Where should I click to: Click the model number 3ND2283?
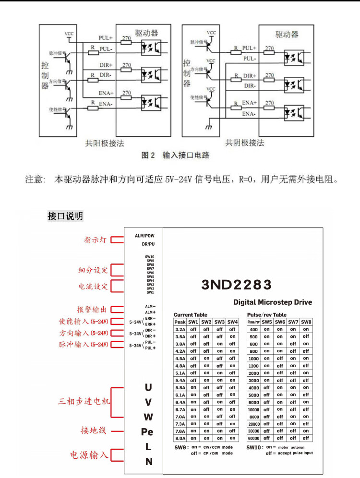(x=237, y=285)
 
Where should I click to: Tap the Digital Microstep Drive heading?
(x=272, y=302)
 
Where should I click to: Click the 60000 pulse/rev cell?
(x=253, y=438)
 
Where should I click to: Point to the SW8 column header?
(x=306, y=322)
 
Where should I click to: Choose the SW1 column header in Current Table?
(x=193, y=322)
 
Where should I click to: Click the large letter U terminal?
(x=148, y=387)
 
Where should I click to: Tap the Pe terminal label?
(x=147, y=431)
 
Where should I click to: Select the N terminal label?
(x=148, y=462)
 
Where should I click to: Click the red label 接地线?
(x=93, y=431)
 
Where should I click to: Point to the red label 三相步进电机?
(x=84, y=401)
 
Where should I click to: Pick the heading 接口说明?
(x=65, y=216)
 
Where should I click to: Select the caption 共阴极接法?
(x=245, y=143)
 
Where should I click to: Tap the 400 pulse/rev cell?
(x=253, y=330)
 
